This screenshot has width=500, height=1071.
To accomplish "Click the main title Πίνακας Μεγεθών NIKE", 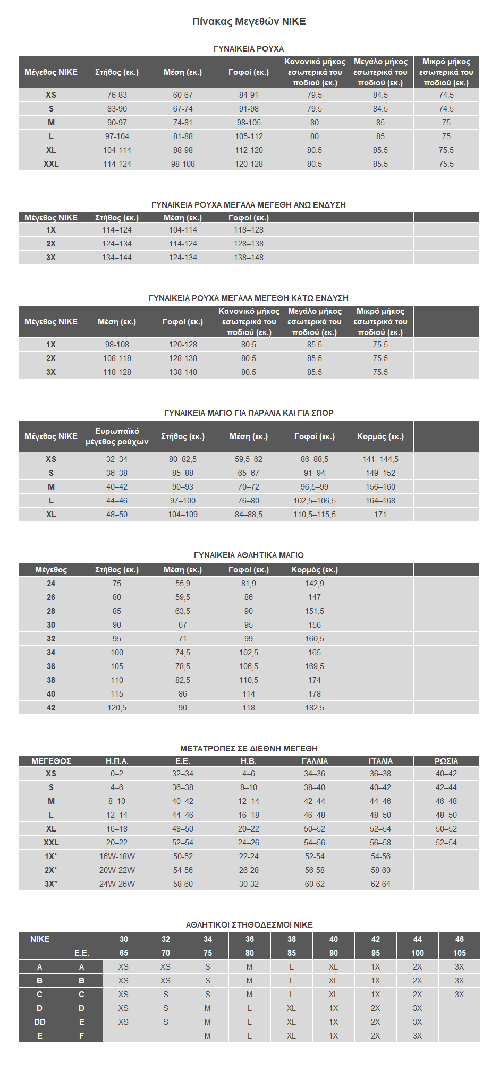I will click(249, 22).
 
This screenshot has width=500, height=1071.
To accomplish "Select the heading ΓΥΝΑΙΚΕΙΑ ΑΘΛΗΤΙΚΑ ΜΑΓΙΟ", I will click(249, 555).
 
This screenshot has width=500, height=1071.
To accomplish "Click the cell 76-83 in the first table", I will click(117, 95).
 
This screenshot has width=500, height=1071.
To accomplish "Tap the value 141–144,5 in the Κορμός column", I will click(380, 459).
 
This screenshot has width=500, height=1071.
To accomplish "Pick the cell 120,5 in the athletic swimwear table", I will click(117, 708).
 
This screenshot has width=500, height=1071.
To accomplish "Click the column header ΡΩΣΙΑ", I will click(446, 761).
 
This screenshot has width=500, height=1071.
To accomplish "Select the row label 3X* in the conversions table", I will click(51, 884).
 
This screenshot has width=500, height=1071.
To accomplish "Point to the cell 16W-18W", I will click(117, 856).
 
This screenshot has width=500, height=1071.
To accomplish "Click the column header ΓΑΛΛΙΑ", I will click(315, 761).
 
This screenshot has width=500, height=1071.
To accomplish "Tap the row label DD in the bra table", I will click(40, 1022).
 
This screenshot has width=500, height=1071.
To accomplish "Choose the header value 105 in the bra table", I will click(459, 953).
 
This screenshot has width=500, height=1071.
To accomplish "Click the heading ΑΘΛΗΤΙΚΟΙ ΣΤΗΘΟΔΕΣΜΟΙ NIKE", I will click(249, 924).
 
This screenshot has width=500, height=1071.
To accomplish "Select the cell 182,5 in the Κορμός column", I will click(315, 708).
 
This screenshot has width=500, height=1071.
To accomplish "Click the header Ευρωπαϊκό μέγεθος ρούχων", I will click(117, 436).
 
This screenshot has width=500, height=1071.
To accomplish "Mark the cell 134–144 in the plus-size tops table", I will click(117, 258).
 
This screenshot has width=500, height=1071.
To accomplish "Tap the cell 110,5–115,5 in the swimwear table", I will click(315, 515).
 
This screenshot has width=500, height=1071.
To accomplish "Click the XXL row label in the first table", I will click(51, 164).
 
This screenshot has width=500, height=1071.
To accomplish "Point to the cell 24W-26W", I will click(117, 884).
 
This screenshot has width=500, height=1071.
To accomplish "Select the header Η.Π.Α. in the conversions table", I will click(117, 761).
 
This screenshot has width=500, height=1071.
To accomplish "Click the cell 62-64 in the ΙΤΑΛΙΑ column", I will click(380, 884).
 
